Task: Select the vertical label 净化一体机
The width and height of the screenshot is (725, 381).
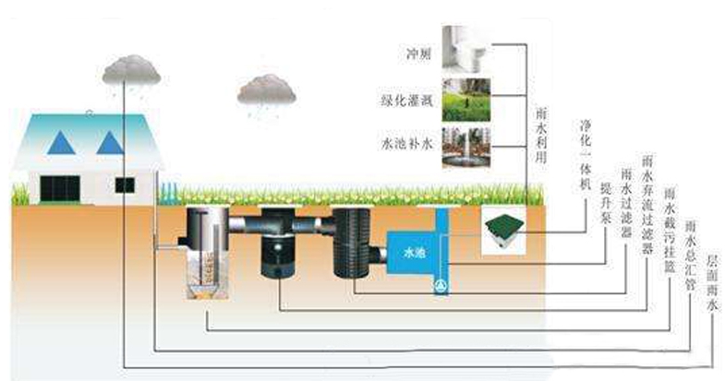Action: (585, 151)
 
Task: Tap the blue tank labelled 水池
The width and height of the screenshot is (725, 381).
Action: (409, 249)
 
